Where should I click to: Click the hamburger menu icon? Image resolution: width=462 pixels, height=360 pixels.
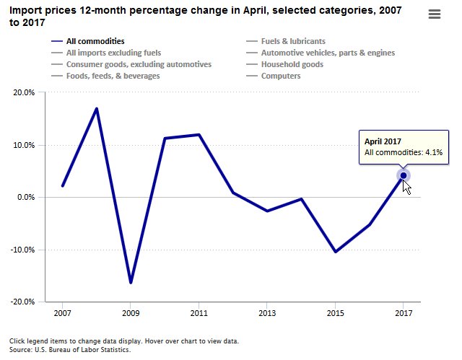coord(435,14)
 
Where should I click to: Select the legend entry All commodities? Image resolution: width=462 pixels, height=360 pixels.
coord(95,42)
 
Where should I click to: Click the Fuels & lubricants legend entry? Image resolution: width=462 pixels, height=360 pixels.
coord(292,42)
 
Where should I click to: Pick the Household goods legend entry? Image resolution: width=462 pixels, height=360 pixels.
coord(292,64)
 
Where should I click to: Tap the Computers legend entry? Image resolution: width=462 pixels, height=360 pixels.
coord(281,76)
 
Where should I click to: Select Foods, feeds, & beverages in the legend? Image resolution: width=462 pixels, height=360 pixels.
coord(113,76)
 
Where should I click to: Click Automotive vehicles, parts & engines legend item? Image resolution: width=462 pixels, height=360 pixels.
coord(328,53)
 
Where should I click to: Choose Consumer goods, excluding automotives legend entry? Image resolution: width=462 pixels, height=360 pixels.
coord(139,64)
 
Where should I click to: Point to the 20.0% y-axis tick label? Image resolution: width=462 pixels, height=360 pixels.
coord(24,93)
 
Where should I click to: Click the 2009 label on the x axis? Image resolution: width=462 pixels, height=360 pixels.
coord(131,314)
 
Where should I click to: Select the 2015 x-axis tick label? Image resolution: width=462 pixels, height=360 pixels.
coord(335,314)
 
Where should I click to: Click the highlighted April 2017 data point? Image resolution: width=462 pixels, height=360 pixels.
coord(404,176)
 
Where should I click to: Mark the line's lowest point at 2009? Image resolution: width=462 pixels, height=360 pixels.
coord(131,283)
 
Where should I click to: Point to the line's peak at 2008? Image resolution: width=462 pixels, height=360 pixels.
coord(97,109)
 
